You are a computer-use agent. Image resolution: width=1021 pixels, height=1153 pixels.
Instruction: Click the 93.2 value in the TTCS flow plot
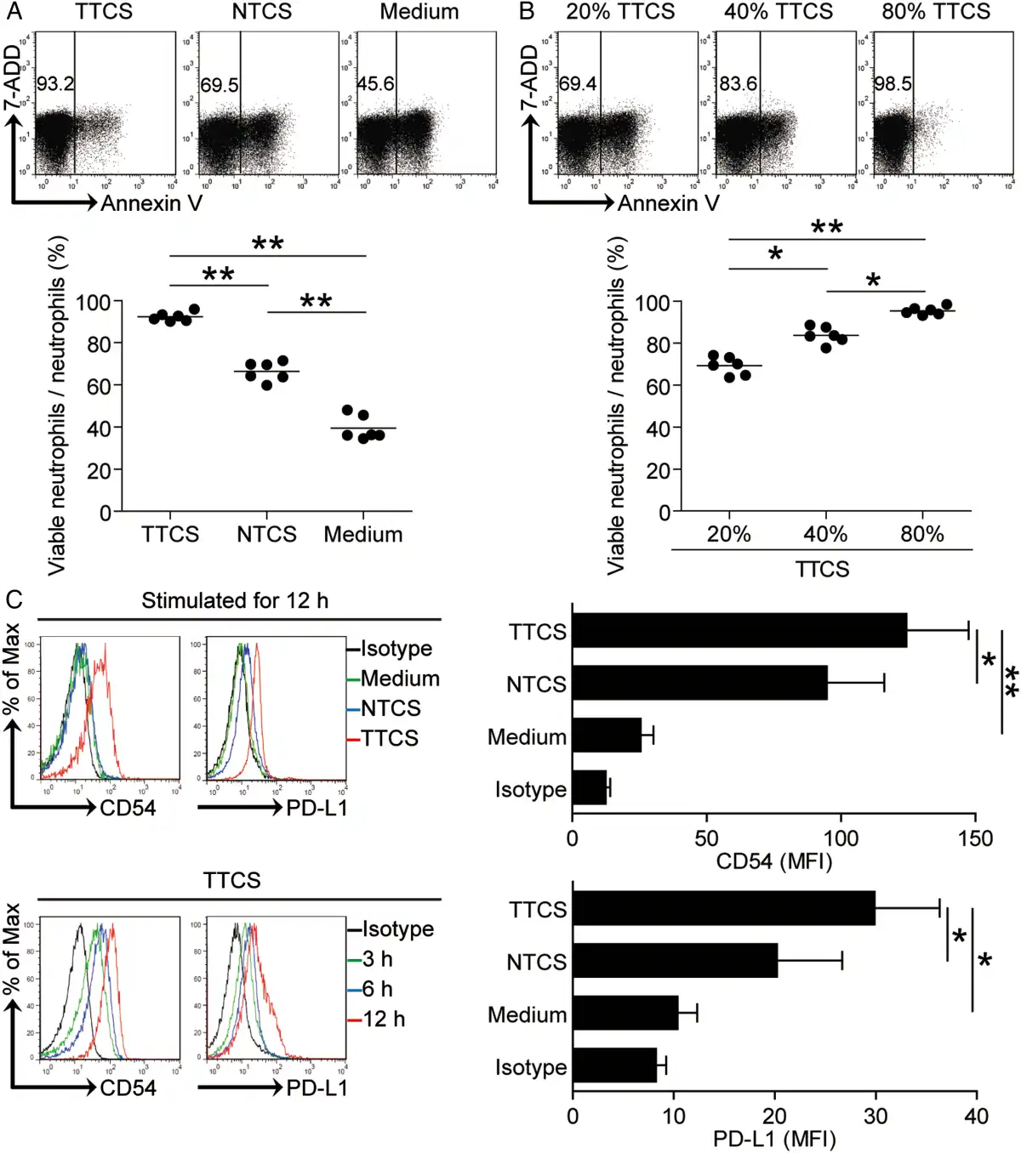(x=55, y=84)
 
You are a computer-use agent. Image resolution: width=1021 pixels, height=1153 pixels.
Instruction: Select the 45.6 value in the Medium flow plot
(x=375, y=84)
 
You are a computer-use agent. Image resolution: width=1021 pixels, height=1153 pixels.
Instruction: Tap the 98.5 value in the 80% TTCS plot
(x=893, y=84)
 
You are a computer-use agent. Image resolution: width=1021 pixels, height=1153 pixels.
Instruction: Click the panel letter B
(x=527, y=12)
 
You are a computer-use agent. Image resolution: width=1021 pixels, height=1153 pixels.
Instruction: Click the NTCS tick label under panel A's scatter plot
(x=266, y=535)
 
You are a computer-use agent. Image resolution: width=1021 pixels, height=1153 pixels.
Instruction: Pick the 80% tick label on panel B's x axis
(x=922, y=535)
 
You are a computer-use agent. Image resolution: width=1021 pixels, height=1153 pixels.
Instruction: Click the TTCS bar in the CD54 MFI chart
(x=739, y=631)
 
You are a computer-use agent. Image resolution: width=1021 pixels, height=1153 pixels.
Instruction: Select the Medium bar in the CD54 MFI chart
(x=607, y=736)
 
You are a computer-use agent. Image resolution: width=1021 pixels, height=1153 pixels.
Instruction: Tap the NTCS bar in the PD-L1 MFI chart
(x=675, y=961)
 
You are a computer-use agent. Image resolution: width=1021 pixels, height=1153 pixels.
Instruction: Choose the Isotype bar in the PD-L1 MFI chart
(x=614, y=1065)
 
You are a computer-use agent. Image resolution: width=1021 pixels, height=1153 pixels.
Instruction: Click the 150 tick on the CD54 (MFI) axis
(x=975, y=838)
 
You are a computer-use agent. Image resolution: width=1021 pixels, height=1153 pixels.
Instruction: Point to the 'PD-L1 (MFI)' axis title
(x=774, y=1139)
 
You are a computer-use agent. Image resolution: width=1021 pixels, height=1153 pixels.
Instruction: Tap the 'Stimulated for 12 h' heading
(x=235, y=601)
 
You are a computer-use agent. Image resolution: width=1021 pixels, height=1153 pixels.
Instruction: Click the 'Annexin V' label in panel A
(x=151, y=203)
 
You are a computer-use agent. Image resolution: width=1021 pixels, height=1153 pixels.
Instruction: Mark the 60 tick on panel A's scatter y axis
(x=99, y=386)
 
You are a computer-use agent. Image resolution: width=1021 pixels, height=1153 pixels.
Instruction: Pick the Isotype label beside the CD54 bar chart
(x=531, y=790)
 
